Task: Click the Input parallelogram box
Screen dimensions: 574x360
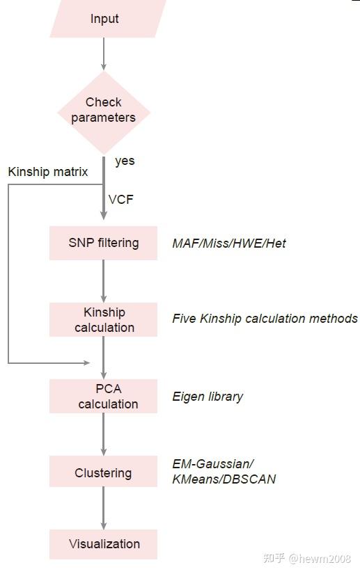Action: pos(104,19)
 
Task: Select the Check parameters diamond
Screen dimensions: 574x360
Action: pos(104,110)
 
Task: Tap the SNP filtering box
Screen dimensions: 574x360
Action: pos(103,243)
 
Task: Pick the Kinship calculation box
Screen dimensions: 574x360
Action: pos(104,319)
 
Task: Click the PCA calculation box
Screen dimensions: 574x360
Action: pos(104,396)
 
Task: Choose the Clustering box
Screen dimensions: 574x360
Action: pos(103,472)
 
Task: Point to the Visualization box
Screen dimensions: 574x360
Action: pos(104,543)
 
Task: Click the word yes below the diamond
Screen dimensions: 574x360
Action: pos(125,161)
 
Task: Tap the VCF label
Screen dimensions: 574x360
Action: pos(120,200)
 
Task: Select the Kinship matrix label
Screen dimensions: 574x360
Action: pos(48,171)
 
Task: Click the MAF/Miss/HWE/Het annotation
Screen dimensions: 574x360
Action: pos(229,244)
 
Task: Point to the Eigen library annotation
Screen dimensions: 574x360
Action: pos(208,397)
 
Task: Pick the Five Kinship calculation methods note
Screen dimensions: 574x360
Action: pos(265,319)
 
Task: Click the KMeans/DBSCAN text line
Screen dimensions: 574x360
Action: pos(224,479)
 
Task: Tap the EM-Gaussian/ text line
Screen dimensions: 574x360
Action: pos(213,464)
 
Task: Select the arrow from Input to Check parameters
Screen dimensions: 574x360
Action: pos(104,54)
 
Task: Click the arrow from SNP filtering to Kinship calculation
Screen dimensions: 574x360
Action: pos(104,280)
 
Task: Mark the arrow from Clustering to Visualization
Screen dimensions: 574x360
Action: pos(104,508)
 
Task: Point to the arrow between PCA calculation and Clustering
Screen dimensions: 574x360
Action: pos(104,433)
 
